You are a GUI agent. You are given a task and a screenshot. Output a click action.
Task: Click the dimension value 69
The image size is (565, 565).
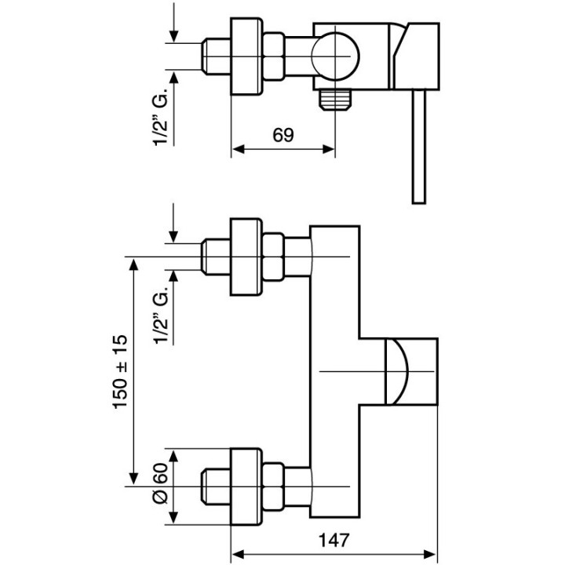[x=283, y=134]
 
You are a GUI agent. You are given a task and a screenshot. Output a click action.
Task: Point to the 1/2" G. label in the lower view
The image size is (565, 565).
[x=161, y=317]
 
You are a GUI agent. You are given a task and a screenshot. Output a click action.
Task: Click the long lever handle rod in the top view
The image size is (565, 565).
[x=417, y=145]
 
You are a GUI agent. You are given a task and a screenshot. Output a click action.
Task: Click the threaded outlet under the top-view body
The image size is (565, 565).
[x=335, y=99]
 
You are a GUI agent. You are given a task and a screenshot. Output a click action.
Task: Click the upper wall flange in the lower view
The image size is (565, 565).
[x=244, y=257]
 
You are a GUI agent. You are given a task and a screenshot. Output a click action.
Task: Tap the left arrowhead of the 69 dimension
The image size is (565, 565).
[x=237, y=148]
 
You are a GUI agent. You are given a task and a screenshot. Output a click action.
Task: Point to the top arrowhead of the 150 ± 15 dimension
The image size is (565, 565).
[x=134, y=263]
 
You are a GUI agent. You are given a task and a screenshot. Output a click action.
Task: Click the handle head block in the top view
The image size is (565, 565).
[x=415, y=55]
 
